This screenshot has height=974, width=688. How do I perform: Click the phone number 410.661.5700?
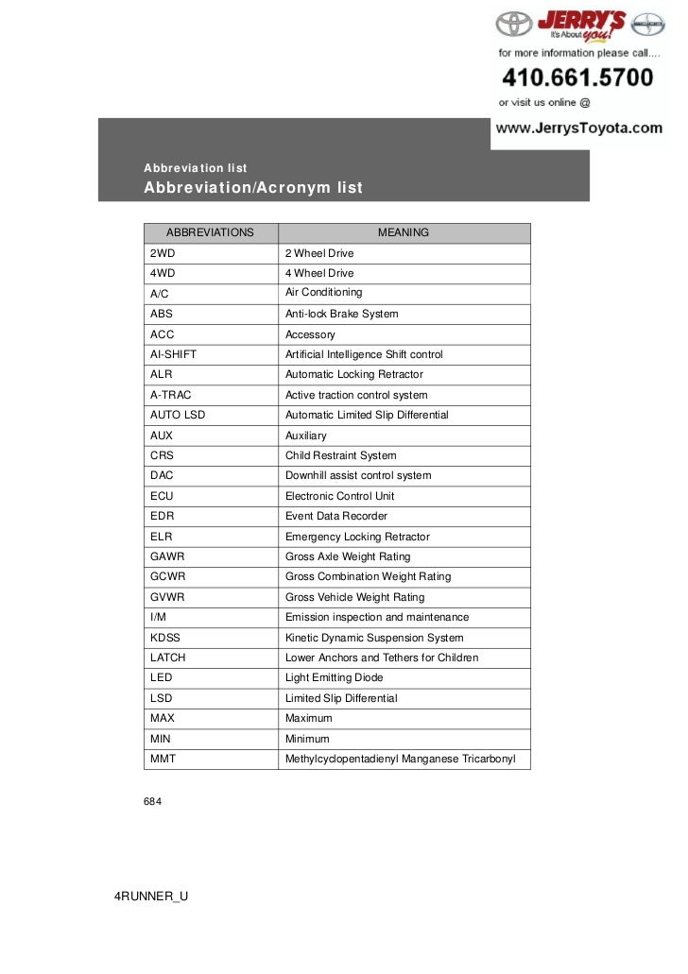click(x=576, y=77)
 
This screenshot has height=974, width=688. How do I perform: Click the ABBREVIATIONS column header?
click(x=210, y=232)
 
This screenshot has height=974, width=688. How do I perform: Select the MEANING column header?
click(x=404, y=232)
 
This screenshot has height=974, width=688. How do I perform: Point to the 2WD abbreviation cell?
click(x=163, y=253)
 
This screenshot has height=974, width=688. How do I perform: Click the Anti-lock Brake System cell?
click(x=341, y=314)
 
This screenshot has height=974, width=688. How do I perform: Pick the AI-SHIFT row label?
click(x=173, y=354)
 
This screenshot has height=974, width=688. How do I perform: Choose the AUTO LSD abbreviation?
click(x=179, y=415)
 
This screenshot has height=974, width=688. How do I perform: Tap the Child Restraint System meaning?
click(x=340, y=455)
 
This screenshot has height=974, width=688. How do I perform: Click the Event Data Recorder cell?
click(x=336, y=516)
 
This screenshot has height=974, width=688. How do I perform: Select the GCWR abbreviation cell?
click(x=167, y=576)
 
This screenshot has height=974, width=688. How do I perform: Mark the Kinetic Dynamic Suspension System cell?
click(x=374, y=638)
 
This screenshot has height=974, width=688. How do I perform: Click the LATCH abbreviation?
click(x=168, y=658)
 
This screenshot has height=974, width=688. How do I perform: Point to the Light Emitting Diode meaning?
click(x=334, y=677)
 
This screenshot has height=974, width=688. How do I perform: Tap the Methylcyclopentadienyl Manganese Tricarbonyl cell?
click(x=400, y=759)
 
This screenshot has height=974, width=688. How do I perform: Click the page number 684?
click(x=153, y=802)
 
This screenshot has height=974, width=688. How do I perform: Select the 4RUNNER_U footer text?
click(x=151, y=896)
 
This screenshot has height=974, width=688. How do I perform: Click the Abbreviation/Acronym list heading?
click(x=252, y=187)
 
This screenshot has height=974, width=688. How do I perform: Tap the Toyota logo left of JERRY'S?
click(x=514, y=26)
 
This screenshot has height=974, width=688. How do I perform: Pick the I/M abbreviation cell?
click(x=158, y=617)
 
